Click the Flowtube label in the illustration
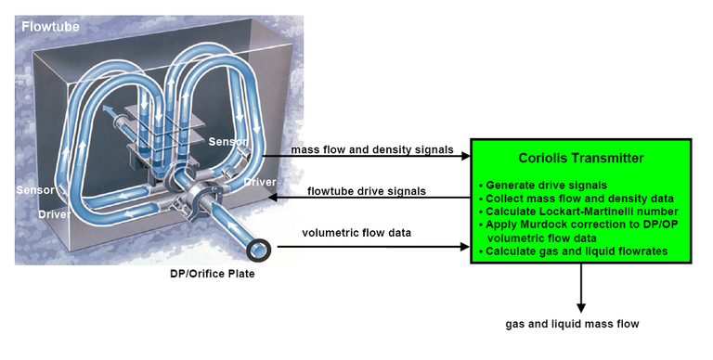coord(50,26)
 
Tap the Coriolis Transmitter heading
coord(580,158)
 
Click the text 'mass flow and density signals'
coord(372,149)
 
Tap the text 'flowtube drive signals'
coord(367,191)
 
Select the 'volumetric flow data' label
coord(356,233)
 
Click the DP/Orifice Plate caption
coord(213,274)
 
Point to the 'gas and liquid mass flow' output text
coord(572,324)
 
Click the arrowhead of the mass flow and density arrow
coord(466,156)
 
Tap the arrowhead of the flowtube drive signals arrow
coord(273,198)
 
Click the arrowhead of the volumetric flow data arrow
coord(465,247)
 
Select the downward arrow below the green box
coord(580,289)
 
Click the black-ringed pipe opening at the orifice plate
coord(259,250)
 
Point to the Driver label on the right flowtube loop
coord(260,182)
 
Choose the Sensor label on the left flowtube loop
coord(35,189)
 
